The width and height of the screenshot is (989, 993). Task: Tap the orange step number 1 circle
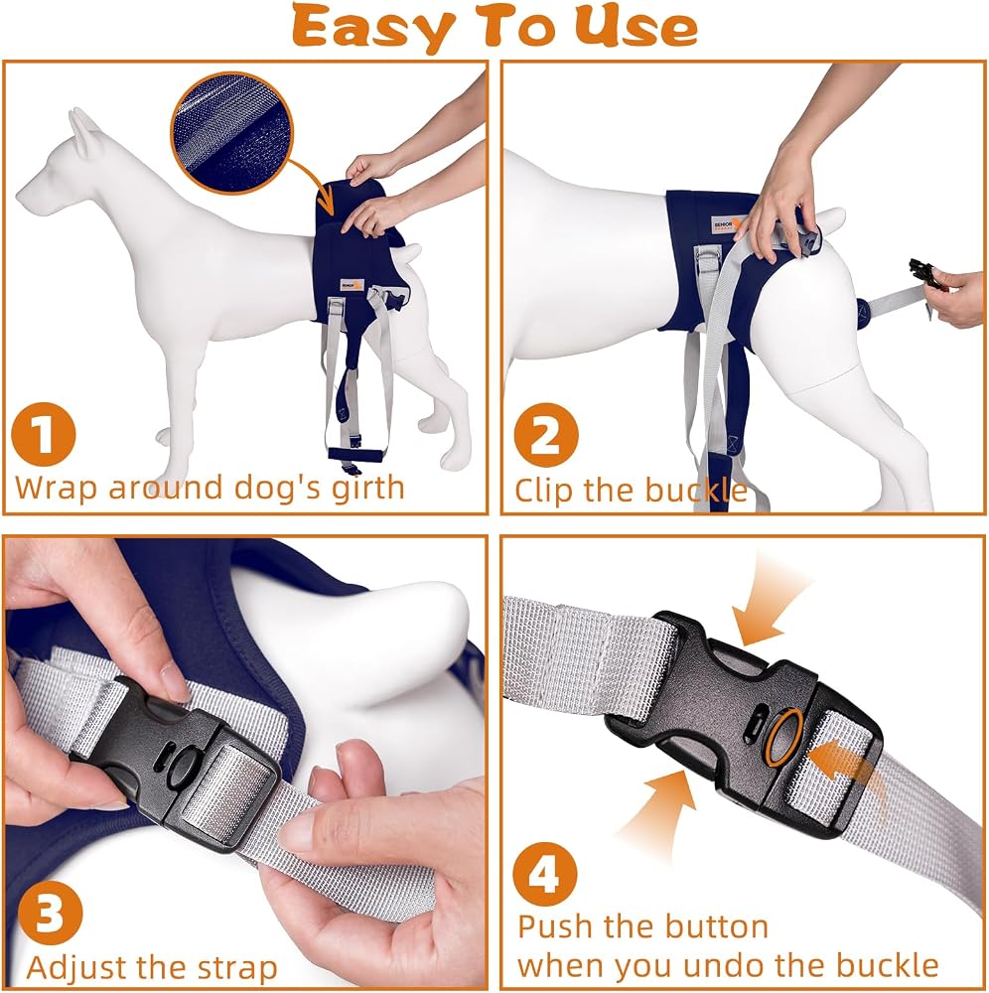tap(44, 435)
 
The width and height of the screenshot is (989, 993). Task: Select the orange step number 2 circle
tap(546, 435)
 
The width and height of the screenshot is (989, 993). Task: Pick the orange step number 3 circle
tap(50, 914)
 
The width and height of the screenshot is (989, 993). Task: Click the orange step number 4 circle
tap(545, 874)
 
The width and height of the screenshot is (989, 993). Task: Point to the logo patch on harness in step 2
tap(727, 225)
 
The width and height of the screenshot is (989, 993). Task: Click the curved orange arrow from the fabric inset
tap(317, 184)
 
